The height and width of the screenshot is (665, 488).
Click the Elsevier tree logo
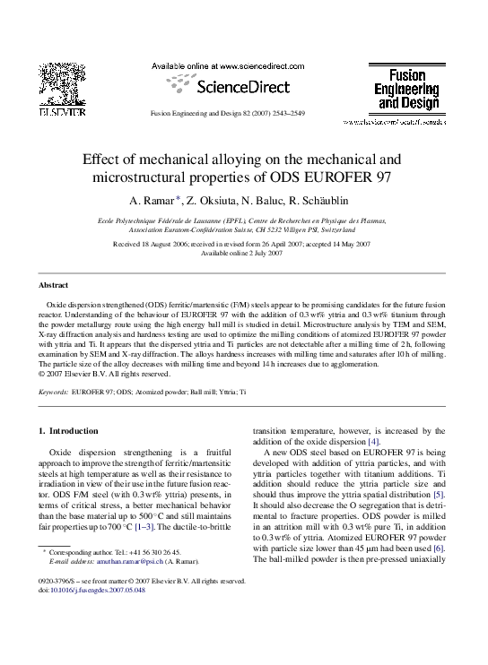[x=61, y=86]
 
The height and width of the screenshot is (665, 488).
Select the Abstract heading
[x=53, y=284]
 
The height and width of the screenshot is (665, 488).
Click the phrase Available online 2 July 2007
[x=244, y=253]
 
